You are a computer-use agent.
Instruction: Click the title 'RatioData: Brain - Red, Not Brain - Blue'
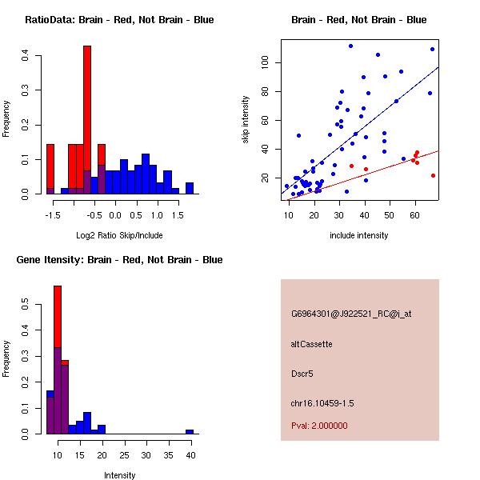[119, 20]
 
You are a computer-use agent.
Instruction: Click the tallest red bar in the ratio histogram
[87, 120]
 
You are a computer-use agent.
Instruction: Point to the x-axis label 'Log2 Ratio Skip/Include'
[119, 235]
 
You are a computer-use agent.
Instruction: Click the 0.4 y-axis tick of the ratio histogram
[26, 55]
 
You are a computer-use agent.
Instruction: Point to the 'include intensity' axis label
[358, 235]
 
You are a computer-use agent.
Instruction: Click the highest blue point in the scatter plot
[350, 46]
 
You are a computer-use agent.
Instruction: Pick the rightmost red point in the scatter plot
[433, 175]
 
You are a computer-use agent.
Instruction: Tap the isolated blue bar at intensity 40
[190, 431]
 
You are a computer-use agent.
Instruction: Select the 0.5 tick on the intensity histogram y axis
[26, 305]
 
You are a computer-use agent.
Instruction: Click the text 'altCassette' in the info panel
[311, 344]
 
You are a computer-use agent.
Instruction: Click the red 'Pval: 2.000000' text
[319, 426]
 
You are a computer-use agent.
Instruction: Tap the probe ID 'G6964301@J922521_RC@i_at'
[351, 314]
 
